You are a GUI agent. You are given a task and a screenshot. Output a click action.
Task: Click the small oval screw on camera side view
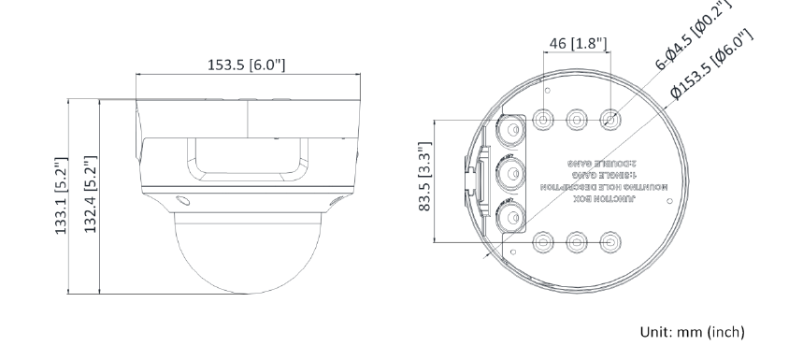click(181, 200)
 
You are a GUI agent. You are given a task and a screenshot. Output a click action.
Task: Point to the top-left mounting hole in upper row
click(542, 120)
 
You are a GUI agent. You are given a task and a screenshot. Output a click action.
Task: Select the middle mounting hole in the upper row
click(576, 120)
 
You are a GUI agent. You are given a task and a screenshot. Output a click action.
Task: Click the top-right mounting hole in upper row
click(609, 120)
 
